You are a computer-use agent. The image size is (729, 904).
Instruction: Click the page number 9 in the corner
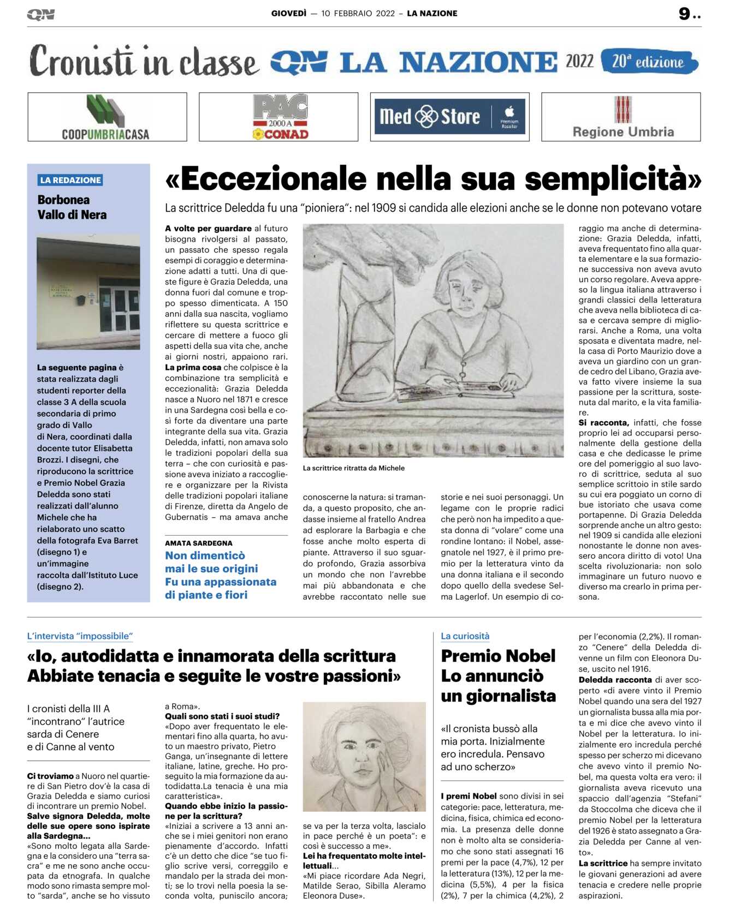pyautogui.click(x=685, y=14)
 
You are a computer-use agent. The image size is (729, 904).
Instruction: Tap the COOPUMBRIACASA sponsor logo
pyautogui.click(x=106, y=117)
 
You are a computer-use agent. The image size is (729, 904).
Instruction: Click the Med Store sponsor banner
pyautogui.click(x=449, y=117)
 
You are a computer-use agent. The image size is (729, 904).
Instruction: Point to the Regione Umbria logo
pyautogui.click(x=623, y=117)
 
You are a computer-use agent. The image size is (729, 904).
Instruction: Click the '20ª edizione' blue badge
pyautogui.click(x=649, y=61)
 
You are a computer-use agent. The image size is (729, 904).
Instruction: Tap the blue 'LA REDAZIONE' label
pyautogui.click(x=70, y=180)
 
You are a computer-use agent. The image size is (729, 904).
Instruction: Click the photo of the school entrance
pyautogui.click(x=88, y=292)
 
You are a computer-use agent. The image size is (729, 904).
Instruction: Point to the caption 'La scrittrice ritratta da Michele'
pyautogui.click(x=354, y=468)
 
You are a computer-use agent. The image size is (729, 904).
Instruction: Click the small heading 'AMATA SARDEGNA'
pyautogui.click(x=199, y=543)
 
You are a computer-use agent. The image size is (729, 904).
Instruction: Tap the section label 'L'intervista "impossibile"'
pyautogui.click(x=80, y=636)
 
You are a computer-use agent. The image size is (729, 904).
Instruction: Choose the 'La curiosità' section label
pyautogui.click(x=465, y=636)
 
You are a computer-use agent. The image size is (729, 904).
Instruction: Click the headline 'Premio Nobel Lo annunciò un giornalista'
pyautogui.click(x=498, y=676)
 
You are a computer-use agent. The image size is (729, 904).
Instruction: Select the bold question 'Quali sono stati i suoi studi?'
pyautogui.click(x=222, y=716)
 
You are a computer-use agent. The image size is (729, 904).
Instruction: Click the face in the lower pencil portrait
pyautogui.click(x=365, y=749)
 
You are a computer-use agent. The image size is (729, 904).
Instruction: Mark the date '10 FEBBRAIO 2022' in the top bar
pyautogui.click(x=358, y=14)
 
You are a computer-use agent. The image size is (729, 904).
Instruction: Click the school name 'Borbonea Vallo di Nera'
pyautogui.click(x=72, y=207)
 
